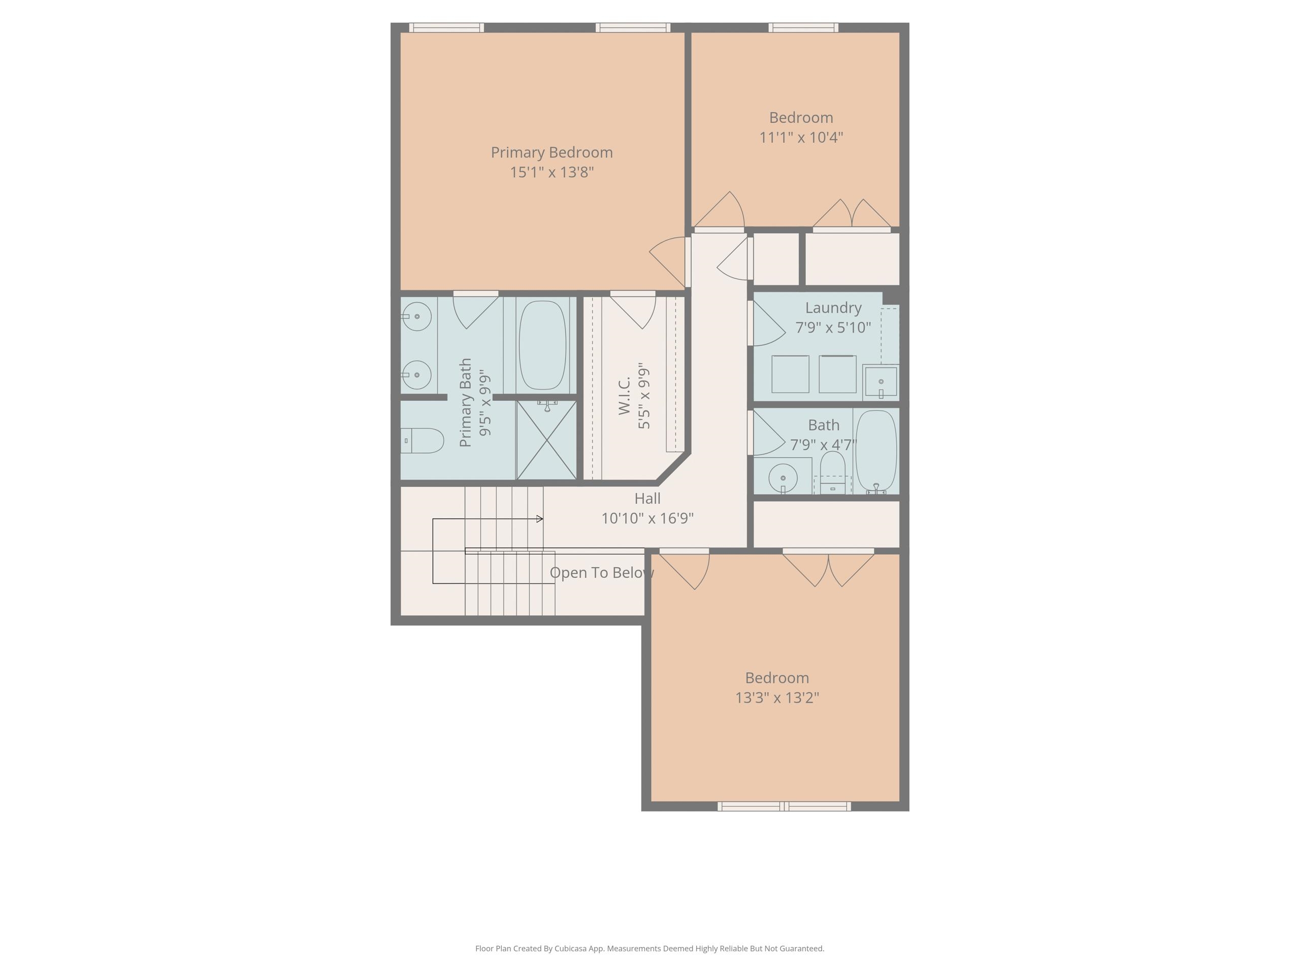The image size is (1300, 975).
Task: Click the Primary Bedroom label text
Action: point(551,152)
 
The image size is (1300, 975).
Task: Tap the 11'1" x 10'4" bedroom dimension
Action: point(800,138)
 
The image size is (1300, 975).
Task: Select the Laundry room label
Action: point(833,308)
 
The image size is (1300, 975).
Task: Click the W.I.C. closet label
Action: point(624,396)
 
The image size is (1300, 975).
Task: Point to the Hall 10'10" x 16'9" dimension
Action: point(647,518)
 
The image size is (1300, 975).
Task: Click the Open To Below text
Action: point(601,572)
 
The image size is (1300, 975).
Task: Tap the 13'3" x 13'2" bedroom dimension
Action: point(776,698)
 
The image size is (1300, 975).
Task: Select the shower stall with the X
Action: point(546,440)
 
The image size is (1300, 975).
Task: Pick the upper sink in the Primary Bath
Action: point(418,317)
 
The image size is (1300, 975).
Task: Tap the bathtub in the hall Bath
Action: point(875,451)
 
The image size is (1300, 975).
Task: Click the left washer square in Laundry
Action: point(790,374)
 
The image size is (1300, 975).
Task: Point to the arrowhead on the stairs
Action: point(539,519)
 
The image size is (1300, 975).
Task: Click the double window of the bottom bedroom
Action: point(784,806)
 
